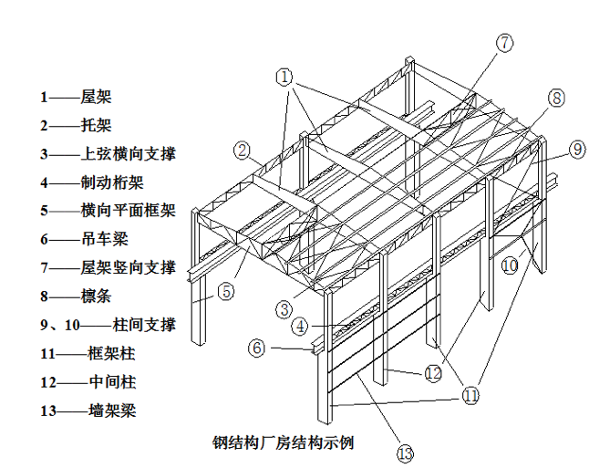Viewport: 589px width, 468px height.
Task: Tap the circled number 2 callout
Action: [x=242, y=151]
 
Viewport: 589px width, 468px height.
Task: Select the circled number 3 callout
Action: [x=286, y=308]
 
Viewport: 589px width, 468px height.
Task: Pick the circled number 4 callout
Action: [x=299, y=326]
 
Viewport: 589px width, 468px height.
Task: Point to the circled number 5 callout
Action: [x=225, y=292]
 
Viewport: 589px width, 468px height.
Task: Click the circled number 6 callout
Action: [x=257, y=348]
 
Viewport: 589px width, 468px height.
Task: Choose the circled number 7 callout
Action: [x=505, y=43]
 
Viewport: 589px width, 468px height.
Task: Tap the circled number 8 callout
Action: [x=556, y=99]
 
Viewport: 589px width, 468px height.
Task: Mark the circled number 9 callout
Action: [x=576, y=150]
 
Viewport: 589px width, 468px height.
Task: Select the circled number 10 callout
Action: [x=509, y=265]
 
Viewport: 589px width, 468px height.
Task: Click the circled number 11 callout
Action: [x=470, y=396]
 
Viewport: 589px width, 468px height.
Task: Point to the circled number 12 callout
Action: [x=432, y=372]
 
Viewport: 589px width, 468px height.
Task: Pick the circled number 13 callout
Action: [x=405, y=451]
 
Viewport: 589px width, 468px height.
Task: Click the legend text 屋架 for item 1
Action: [x=96, y=96]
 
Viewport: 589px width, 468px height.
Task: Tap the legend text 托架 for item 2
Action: [x=96, y=125]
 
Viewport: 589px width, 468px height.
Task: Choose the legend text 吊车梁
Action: [x=103, y=239]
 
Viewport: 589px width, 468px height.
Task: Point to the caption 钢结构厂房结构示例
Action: [x=283, y=444]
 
